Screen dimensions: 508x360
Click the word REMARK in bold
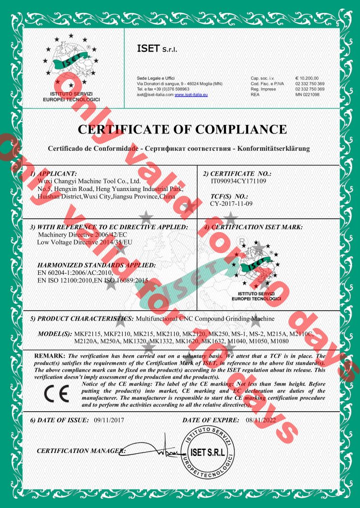[x=49, y=356]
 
